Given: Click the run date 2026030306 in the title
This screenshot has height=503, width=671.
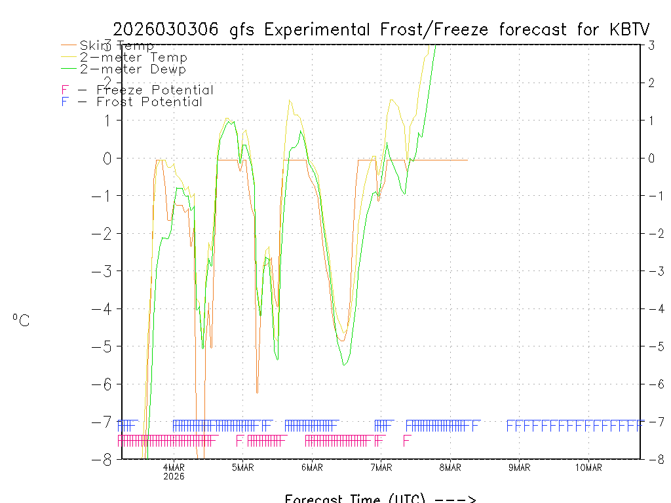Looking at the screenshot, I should pos(167,29).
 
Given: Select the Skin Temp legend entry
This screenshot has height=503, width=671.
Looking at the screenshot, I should pos(117,45).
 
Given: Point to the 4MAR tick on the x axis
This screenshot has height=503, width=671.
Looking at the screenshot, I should pos(174,467).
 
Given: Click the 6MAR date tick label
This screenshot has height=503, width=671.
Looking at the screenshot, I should pos(312,467).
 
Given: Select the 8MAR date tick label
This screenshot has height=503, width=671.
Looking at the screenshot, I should pos(450,467).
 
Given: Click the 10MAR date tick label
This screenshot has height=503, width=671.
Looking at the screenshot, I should pos(588,467).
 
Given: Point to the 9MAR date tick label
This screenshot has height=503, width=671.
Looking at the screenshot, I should pos(520,467).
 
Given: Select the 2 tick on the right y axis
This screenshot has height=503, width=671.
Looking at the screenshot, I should pos(651,83).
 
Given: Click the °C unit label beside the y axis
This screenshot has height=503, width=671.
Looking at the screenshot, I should pos(21,320).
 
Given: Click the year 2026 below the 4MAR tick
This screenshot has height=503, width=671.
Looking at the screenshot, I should pos(174,476).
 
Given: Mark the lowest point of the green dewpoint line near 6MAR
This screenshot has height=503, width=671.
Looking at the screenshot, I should pos(344,365).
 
